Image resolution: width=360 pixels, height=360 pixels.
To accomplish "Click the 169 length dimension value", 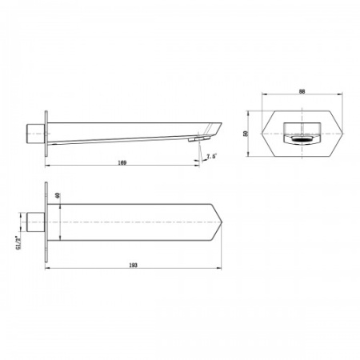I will (121, 162).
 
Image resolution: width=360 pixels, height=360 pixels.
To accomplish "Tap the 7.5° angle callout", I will (212, 156).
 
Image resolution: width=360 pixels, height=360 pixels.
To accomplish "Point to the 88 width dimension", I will (302, 93).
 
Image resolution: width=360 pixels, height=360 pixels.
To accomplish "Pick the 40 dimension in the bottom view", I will (57, 196).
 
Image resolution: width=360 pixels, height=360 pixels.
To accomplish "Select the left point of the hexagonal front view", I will (270, 132).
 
